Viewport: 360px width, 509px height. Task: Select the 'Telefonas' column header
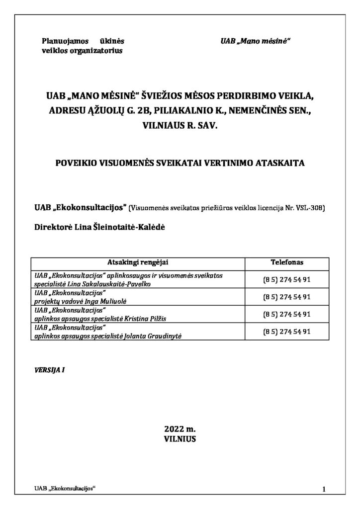pos(286,262)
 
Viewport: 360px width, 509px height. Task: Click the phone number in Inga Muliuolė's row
pos(286,297)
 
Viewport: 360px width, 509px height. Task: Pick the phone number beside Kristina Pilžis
pos(286,314)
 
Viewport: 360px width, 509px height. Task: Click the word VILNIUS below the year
pos(180,439)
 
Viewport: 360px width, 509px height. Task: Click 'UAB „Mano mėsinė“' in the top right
pos(255,41)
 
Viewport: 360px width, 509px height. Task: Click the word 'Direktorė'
pos(53,226)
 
